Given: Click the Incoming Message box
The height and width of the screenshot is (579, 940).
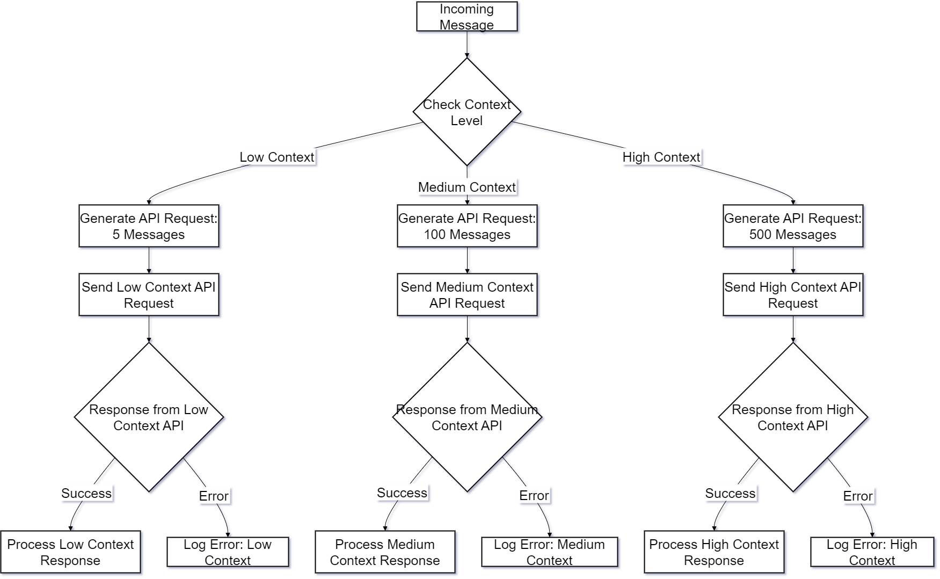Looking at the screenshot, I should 467,17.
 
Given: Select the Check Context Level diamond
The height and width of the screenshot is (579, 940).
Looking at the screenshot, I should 467,112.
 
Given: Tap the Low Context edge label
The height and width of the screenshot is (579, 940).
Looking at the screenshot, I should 276,157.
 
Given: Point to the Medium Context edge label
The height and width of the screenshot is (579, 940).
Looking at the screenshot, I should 467,187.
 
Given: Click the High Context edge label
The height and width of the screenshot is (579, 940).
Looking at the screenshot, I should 661,157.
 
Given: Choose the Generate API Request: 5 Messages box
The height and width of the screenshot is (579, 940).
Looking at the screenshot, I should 149,226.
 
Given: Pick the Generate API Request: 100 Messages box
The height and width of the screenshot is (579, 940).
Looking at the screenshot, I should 467,226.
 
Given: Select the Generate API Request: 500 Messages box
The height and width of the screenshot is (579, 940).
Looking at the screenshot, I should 792,226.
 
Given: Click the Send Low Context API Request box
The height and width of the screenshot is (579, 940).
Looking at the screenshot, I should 149,295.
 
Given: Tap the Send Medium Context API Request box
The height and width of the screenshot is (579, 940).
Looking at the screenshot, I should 467,295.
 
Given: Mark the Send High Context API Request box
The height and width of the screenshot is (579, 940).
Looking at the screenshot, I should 792,295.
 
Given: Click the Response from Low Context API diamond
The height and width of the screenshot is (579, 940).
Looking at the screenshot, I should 149,417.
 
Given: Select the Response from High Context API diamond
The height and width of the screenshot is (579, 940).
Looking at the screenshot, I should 792,417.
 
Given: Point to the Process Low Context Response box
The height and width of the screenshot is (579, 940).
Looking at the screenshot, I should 70,552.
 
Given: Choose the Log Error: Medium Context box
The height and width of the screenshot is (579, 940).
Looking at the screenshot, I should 549,552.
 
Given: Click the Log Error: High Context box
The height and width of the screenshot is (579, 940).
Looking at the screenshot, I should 872,552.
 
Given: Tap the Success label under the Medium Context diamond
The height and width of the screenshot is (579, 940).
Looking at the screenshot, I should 402,493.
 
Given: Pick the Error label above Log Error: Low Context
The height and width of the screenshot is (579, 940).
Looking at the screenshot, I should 214,496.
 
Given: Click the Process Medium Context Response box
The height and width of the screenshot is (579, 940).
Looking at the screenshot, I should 384,552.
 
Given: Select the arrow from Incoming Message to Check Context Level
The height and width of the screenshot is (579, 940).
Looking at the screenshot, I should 467,45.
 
